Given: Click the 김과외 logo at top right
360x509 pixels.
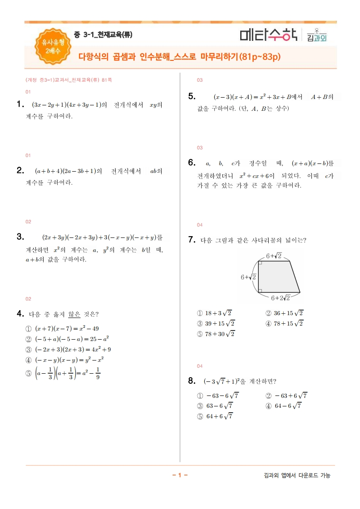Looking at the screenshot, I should click(316, 36).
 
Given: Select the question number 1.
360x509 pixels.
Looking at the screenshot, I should click(20, 105).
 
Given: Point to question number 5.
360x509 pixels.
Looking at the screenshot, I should click(192, 96).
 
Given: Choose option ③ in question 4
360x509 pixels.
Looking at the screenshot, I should click(68, 349).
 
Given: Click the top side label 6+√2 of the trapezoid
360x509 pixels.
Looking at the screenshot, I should click(273, 256).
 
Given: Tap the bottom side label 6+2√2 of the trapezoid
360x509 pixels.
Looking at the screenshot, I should click(280, 298).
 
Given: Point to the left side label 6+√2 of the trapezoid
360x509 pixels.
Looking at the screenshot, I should click(249, 277).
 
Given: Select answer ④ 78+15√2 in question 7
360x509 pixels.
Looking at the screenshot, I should click(284, 323).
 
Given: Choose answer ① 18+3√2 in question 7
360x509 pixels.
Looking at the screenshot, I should click(215, 313).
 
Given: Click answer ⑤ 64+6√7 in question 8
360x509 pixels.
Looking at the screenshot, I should click(215, 416).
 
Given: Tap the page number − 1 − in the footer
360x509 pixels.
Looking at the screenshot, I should click(180, 475).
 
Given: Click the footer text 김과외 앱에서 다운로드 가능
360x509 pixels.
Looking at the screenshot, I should click(297, 475).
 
